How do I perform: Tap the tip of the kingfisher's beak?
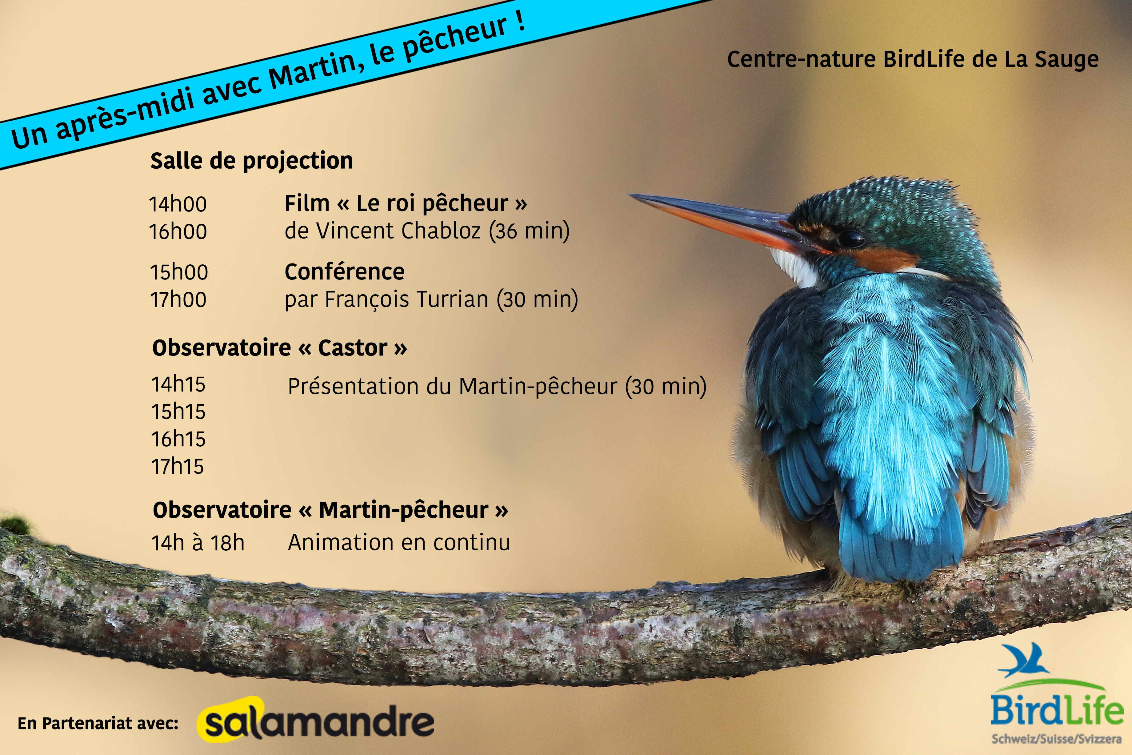pos(630,195)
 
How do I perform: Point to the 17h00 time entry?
pos(178,299)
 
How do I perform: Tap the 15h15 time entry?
pos(178,412)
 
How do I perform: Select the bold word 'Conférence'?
pos(345,271)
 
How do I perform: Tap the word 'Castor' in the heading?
pos(353,348)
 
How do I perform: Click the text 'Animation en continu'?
pos(399,543)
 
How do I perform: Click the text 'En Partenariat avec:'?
pos(98,723)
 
